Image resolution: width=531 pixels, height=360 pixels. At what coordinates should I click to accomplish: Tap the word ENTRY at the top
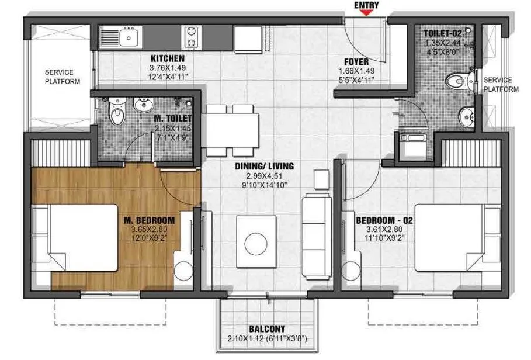(367, 5)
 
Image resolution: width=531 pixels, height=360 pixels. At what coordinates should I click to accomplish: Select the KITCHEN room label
(168, 58)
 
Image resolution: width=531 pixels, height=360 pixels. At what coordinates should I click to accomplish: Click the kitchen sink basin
(129, 38)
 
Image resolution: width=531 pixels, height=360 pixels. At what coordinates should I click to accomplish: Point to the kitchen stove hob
(191, 37)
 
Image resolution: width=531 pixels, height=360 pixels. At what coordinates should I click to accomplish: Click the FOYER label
(356, 60)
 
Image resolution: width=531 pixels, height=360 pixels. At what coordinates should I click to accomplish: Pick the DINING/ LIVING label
(264, 167)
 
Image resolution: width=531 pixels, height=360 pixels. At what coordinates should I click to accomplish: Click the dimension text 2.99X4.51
(264, 176)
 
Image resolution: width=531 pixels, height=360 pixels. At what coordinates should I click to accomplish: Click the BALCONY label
(266, 329)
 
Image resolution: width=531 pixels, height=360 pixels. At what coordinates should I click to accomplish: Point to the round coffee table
(256, 244)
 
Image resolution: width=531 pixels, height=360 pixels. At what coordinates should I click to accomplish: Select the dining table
(232, 130)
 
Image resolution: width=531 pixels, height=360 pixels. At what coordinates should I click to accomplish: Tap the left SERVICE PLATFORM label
(63, 77)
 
